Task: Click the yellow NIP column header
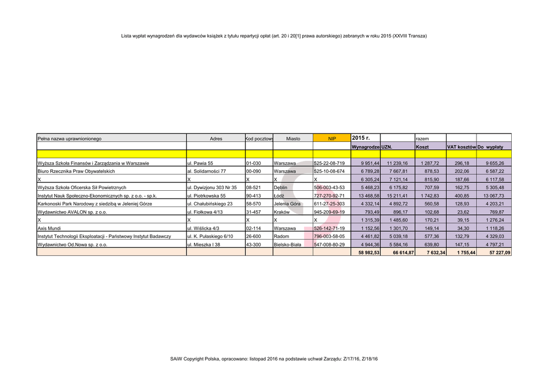[332, 139]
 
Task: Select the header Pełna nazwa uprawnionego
[69, 139]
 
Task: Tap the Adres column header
[215, 139]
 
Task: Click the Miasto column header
[293, 139]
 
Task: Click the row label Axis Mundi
[49, 229]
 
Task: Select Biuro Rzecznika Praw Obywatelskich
[76, 171]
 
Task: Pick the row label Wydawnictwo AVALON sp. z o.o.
[73, 212]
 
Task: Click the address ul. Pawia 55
[200, 163]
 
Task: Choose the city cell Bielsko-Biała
[287, 245]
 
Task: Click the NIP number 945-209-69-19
[329, 212]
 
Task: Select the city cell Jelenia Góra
[287, 204]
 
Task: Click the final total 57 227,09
[499, 253]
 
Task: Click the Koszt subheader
[422, 147]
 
